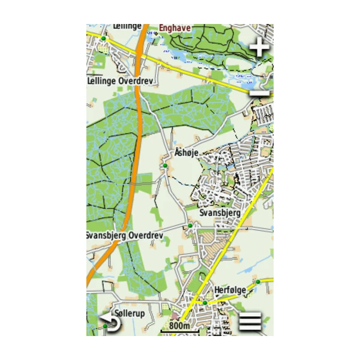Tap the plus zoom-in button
click(259, 47)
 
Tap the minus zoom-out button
click(259, 92)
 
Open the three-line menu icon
click(251, 322)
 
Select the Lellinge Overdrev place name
click(121, 80)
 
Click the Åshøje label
click(186, 154)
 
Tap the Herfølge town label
click(231, 290)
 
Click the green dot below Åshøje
click(164, 165)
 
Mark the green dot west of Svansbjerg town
click(190, 226)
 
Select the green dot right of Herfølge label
click(257, 281)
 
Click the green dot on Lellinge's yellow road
click(103, 38)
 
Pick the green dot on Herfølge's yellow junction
click(205, 302)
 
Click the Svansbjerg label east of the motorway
click(220, 213)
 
